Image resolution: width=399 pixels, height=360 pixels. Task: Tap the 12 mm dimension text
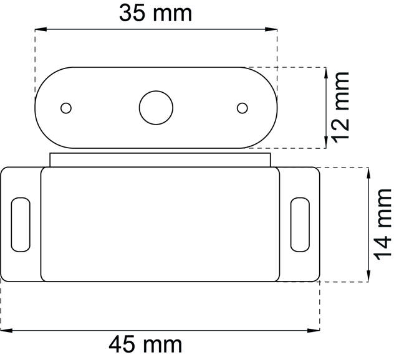[x=340, y=107]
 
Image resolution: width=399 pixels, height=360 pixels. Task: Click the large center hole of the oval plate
[x=155, y=108]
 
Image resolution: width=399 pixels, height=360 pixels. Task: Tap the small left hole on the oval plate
[x=65, y=108]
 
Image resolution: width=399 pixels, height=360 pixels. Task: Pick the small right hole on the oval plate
[x=243, y=108]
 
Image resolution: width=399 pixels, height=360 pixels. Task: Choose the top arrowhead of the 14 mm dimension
[x=369, y=172]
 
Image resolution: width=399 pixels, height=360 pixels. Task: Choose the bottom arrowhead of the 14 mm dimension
[x=369, y=277]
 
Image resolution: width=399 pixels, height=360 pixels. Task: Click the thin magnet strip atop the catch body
[x=160, y=159]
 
